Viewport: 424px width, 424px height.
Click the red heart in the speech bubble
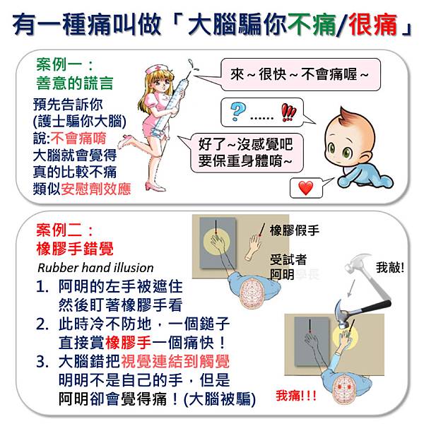pyautogui.click(x=305, y=188)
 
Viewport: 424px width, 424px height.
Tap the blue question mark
pyautogui.click(x=238, y=112)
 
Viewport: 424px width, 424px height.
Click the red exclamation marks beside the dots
pyautogui.click(x=288, y=112)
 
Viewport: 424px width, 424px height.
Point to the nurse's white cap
pyautogui.click(x=155, y=69)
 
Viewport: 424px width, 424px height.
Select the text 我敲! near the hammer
pyautogui.click(x=390, y=268)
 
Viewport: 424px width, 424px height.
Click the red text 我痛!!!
pyautogui.click(x=296, y=396)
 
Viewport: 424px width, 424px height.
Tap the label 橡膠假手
pyautogui.click(x=295, y=230)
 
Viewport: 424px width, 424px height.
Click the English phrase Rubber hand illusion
pyautogui.click(x=95, y=268)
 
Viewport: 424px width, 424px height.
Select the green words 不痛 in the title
pyautogui.click(x=312, y=25)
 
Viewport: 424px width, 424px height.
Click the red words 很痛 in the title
pyautogui.click(x=373, y=25)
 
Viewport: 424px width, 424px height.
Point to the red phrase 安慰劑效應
pyautogui.click(x=95, y=189)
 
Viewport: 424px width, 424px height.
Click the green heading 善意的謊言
pyautogui.click(x=74, y=83)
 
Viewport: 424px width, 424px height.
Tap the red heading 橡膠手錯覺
pyautogui.click(x=75, y=249)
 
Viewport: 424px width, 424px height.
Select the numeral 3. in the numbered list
pyautogui.click(x=42, y=362)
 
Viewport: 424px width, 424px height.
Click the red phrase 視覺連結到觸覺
pyautogui.click(x=175, y=362)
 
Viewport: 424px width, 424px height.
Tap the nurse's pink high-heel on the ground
pyautogui.click(x=153, y=187)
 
